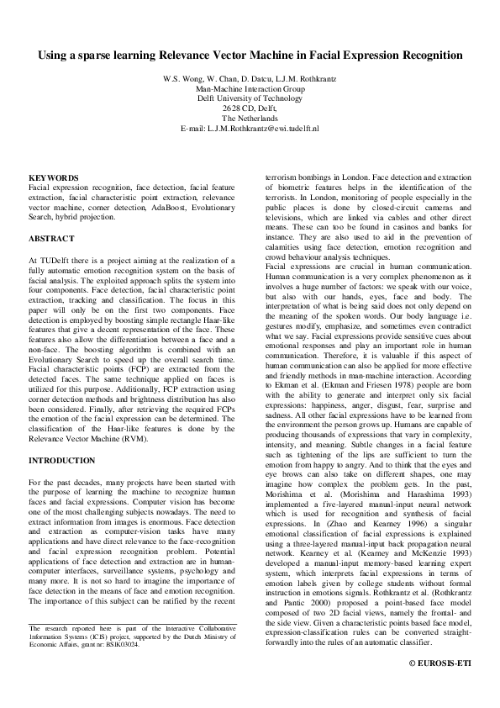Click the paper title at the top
point(250,55)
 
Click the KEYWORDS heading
point(54,178)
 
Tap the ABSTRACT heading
point(52,239)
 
